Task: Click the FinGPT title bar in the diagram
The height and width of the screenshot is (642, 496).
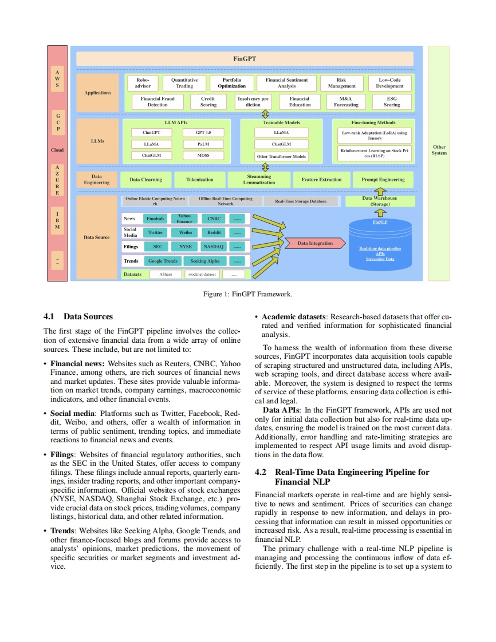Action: (x=245, y=58)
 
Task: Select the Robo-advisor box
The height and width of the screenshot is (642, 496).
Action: (x=143, y=83)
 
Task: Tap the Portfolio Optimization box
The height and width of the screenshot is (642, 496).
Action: (x=231, y=83)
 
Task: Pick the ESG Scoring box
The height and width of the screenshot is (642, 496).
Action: (x=391, y=101)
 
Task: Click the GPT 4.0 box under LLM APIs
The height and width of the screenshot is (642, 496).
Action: (x=203, y=133)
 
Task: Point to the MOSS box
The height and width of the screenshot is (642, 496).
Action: (x=203, y=156)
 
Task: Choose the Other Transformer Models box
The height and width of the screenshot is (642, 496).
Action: (x=281, y=156)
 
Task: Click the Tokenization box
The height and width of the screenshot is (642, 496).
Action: (x=200, y=179)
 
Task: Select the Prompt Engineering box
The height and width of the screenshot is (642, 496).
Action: (x=383, y=179)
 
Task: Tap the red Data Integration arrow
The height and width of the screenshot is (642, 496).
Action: (x=315, y=243)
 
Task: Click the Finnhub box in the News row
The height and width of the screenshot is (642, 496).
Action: (x=155, y=219)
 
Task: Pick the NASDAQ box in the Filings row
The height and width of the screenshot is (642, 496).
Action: (x=214, y=247)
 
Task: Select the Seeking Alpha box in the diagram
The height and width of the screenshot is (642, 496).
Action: (x=204, y=261)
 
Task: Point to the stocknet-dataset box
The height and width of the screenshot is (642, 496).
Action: (x=202, y=274)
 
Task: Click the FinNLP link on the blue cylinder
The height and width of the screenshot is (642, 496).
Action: (x=380, y=222)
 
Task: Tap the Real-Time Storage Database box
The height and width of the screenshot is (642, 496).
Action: (x=301, y=201)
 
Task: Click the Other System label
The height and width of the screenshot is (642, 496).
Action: (x=439, y=150)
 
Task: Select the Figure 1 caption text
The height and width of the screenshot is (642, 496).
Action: (x=247, y=294)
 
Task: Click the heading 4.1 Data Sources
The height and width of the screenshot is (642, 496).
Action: (x=78, y=316)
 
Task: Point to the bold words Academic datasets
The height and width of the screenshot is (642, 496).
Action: (x=293, y=316)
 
